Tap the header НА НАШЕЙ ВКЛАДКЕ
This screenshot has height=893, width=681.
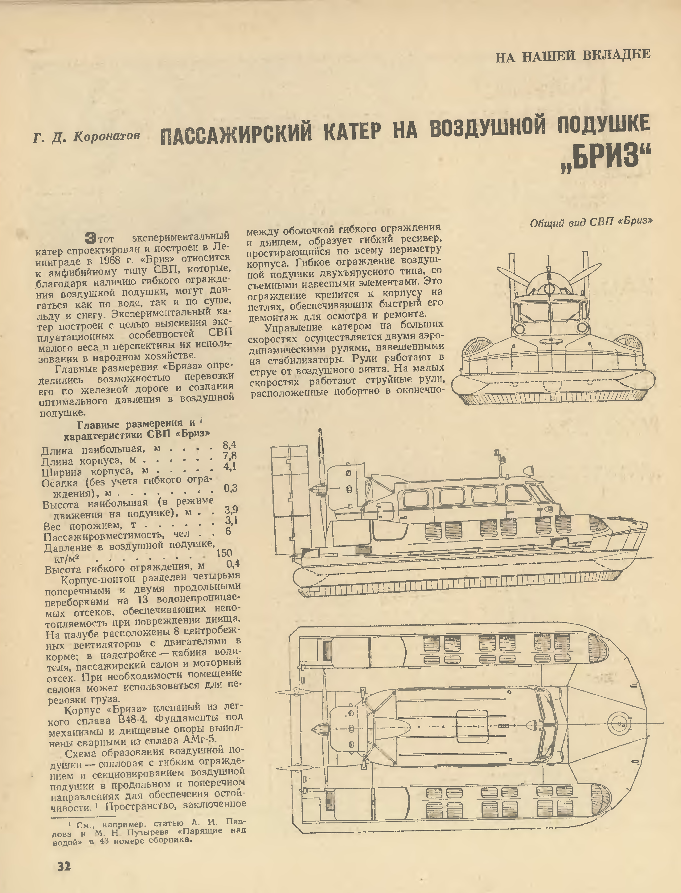tap(573, 55)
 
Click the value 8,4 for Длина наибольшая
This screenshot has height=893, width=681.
tap(229, 445)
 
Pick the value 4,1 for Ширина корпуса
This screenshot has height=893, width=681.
tap(230, 467)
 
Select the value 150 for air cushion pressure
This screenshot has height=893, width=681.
tap(224, 552)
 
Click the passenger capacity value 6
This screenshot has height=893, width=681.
tap(228, 531)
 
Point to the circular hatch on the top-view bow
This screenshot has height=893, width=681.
tap(620, 722)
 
